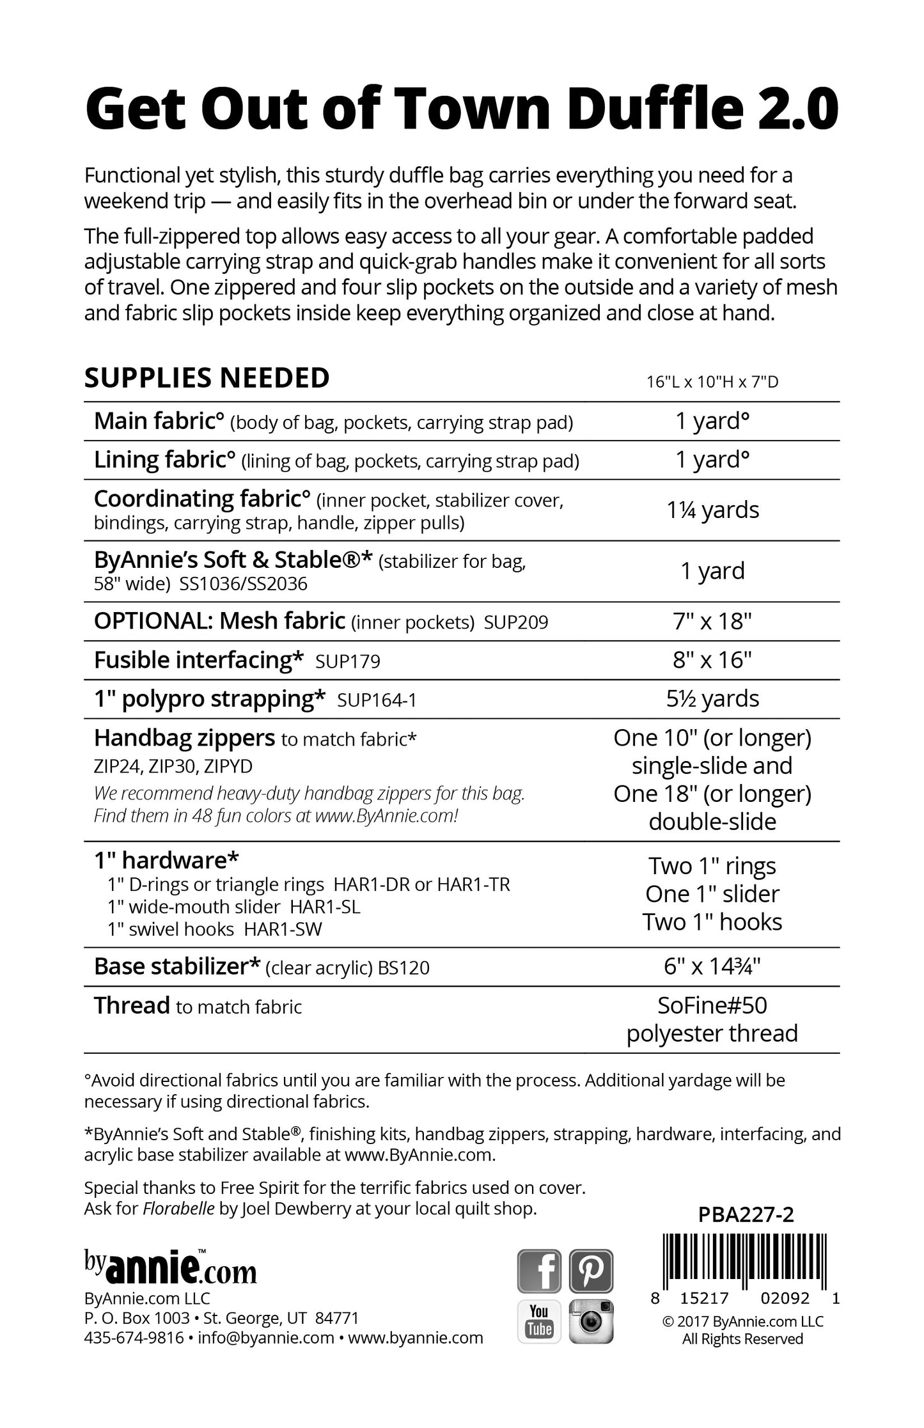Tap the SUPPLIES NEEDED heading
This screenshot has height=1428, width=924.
point(207,378)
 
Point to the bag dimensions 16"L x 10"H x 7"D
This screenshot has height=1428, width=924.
point(712,382)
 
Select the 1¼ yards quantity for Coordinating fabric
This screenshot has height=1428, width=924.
point(713,510)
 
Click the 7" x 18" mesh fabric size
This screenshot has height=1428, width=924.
point(712,621)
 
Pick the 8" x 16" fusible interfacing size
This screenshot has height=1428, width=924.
point(712,660)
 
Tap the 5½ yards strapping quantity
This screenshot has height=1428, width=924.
point(712,698)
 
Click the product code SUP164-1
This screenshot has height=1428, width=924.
point(377,701)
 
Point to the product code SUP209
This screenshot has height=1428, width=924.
point(516,623)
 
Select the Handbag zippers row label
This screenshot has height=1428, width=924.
point(184,739)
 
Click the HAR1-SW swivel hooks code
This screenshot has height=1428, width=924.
point(283,929)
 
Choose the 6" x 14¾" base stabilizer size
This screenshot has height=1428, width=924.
point(712,966)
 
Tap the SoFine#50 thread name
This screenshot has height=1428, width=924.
point(712,1005)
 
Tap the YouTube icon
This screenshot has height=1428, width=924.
point(539,1321)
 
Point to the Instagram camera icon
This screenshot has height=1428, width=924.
point(591,1321)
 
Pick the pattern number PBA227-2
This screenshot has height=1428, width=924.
point(746,1214)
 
